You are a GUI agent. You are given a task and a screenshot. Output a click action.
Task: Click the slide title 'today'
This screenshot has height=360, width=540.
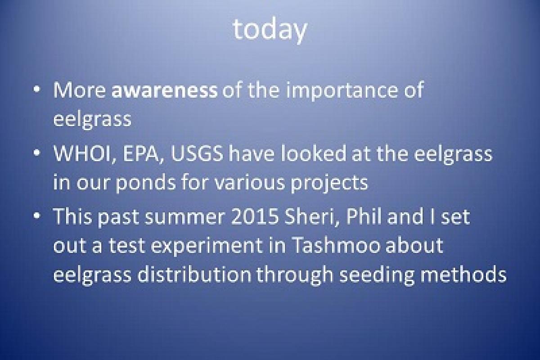[270, 30]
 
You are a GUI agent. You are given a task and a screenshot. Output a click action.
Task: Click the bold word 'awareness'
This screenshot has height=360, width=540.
[164, 90]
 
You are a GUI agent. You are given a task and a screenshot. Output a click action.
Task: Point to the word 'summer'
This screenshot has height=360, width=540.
[195, 218]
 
